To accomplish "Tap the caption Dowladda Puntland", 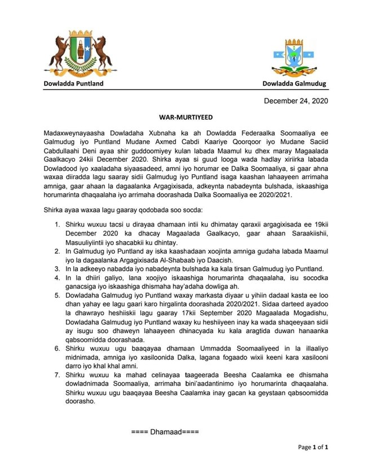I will [x=74, y=84].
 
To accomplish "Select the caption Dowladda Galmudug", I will [x=294, y=84].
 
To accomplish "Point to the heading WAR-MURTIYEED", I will [x=185, y=118].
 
